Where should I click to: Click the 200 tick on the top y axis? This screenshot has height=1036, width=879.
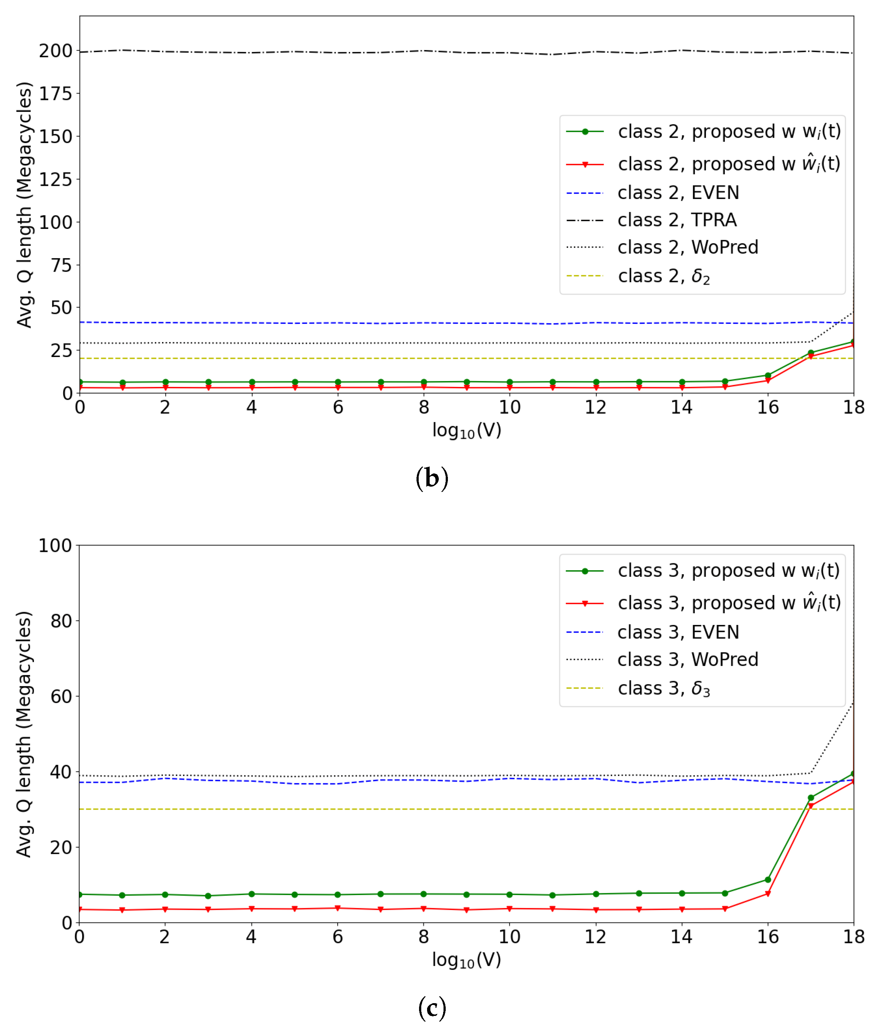point(55,51)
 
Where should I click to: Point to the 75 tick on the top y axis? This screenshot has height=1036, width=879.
point(61,265)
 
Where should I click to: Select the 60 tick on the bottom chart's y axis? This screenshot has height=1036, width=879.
point(61,697)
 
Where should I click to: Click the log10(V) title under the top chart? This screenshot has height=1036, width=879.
point(467,430)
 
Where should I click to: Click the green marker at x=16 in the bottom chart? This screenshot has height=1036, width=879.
point(768,879)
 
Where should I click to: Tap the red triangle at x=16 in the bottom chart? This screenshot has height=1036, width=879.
point(768,894)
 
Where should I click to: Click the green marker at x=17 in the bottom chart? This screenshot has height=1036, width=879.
point(811,798)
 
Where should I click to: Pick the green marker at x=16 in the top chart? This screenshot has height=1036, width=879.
point(768,376)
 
